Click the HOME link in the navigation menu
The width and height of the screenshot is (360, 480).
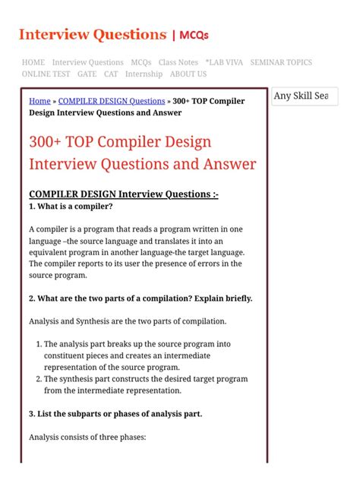[x=33, y=62]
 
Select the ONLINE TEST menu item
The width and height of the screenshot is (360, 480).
[x=46, y=74]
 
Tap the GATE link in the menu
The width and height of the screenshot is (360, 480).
[x=87, y=74]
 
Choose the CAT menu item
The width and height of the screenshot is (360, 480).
[x=111, y=74]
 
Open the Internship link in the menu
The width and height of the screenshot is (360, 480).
[x=144, y=74]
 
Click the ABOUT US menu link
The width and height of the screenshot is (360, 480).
[x=188, y=74]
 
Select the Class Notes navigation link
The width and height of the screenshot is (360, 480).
[x=178, y=62]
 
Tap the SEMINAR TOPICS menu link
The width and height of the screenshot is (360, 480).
[x=281, y=62]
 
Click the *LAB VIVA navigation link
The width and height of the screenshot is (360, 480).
[x=224, y=62]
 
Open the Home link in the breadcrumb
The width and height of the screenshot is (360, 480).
[x=39, y=101]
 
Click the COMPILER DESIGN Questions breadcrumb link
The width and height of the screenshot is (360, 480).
[x=112, y=101]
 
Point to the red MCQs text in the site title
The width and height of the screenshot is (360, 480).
[x=194, y=35]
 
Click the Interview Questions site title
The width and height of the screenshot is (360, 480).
[x=92, y=34]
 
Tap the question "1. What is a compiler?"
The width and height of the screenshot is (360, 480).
[x=71, y=207]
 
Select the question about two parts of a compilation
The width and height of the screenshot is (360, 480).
[x=141, y=298]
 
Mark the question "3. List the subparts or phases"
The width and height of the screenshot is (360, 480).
[x=115, y=414]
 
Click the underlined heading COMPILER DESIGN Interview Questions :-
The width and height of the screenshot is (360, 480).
[x=124, y=194]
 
